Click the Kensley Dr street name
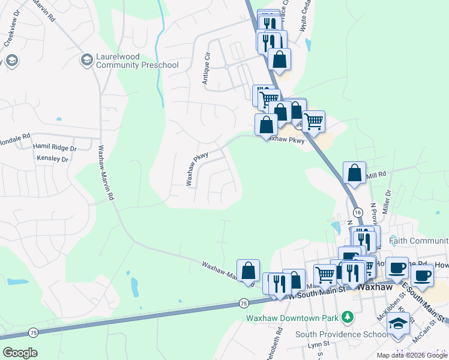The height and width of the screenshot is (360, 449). pos(53,159)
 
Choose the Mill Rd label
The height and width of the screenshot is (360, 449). pos(376,174)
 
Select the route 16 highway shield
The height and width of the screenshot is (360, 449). pos(358,212)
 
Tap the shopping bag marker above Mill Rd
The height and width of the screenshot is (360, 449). pos(355,173)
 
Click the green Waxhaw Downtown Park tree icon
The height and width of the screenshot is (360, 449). pos(346,316)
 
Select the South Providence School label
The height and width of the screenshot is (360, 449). pos(341,334)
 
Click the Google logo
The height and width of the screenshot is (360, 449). pos(20,353)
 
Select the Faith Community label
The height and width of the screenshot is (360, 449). pos(418,241)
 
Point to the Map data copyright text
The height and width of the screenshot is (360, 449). pos(411,355)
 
